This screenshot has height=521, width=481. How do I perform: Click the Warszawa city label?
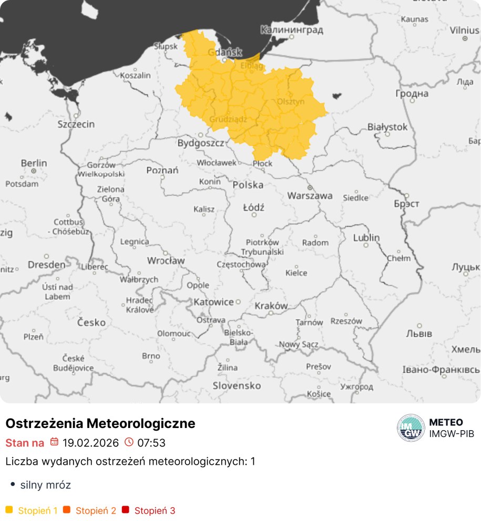(x=310, y=196)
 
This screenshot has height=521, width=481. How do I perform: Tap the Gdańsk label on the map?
(x=224, y=52)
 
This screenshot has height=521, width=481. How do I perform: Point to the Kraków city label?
(x=271, y=306)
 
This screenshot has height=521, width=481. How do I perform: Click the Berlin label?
(x=34, y=163)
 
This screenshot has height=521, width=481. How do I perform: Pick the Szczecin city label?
(x=76, y=124)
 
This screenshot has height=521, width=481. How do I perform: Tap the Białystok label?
(x=387, y=127)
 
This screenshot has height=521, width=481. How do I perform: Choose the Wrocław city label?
(x=166, y=260)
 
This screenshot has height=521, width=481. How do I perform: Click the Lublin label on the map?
(x=366, y=237)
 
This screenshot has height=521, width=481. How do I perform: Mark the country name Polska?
(x=248, y=185)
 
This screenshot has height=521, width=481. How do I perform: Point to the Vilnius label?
(x=464, y=30)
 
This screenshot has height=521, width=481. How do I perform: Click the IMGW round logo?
(x=411, y=428)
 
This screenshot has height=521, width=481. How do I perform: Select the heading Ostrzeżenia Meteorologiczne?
(x=100, y=423)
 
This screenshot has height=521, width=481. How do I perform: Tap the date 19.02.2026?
(x=90, y=443)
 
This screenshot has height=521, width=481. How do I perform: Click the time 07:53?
(x=151, y=443)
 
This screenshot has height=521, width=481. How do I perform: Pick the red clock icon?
(x=129, y=442)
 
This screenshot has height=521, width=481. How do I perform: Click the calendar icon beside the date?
(x=54, y=442)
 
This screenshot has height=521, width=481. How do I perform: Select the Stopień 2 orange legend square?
(x=67, y=510)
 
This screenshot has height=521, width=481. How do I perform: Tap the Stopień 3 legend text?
(x=155, y=510)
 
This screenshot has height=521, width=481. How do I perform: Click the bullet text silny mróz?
(x=45, y=485)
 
